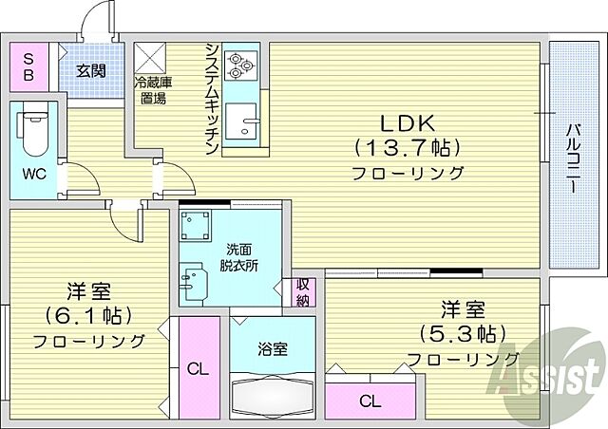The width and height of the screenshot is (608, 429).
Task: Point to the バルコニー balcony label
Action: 574,157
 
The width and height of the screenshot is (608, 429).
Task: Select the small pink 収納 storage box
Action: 302,292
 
